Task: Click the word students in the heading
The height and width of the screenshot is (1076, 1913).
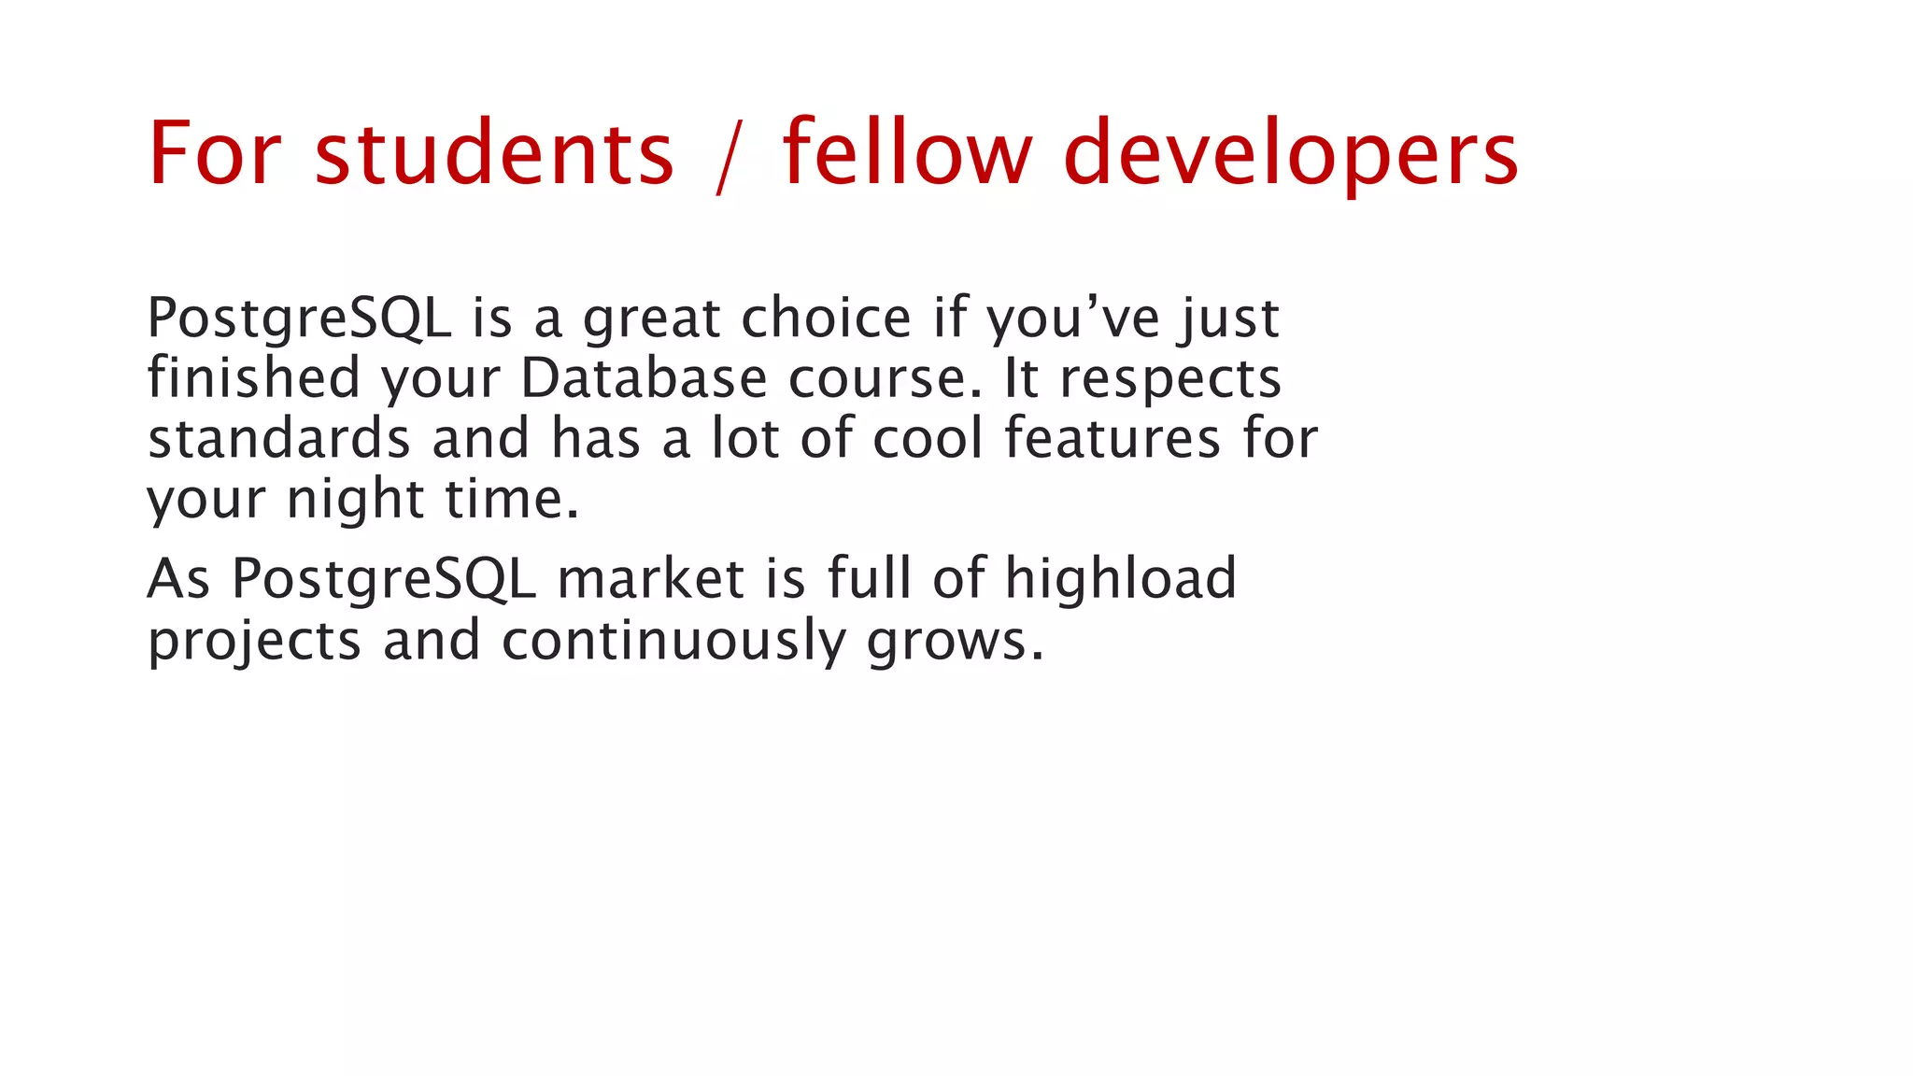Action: [493, 153]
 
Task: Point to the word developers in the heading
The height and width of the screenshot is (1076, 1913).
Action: [1291, 155]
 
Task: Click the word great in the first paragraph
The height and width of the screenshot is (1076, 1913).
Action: [652, 320]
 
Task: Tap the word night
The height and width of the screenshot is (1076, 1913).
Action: [356, 501]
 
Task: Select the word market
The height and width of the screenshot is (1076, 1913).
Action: [651, 578]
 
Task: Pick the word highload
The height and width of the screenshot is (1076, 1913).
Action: [1121, 578]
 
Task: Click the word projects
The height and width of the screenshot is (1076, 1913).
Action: [254, 643]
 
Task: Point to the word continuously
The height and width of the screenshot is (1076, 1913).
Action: [673, 643]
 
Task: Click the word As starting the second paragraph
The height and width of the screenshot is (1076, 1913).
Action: [178, 578]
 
